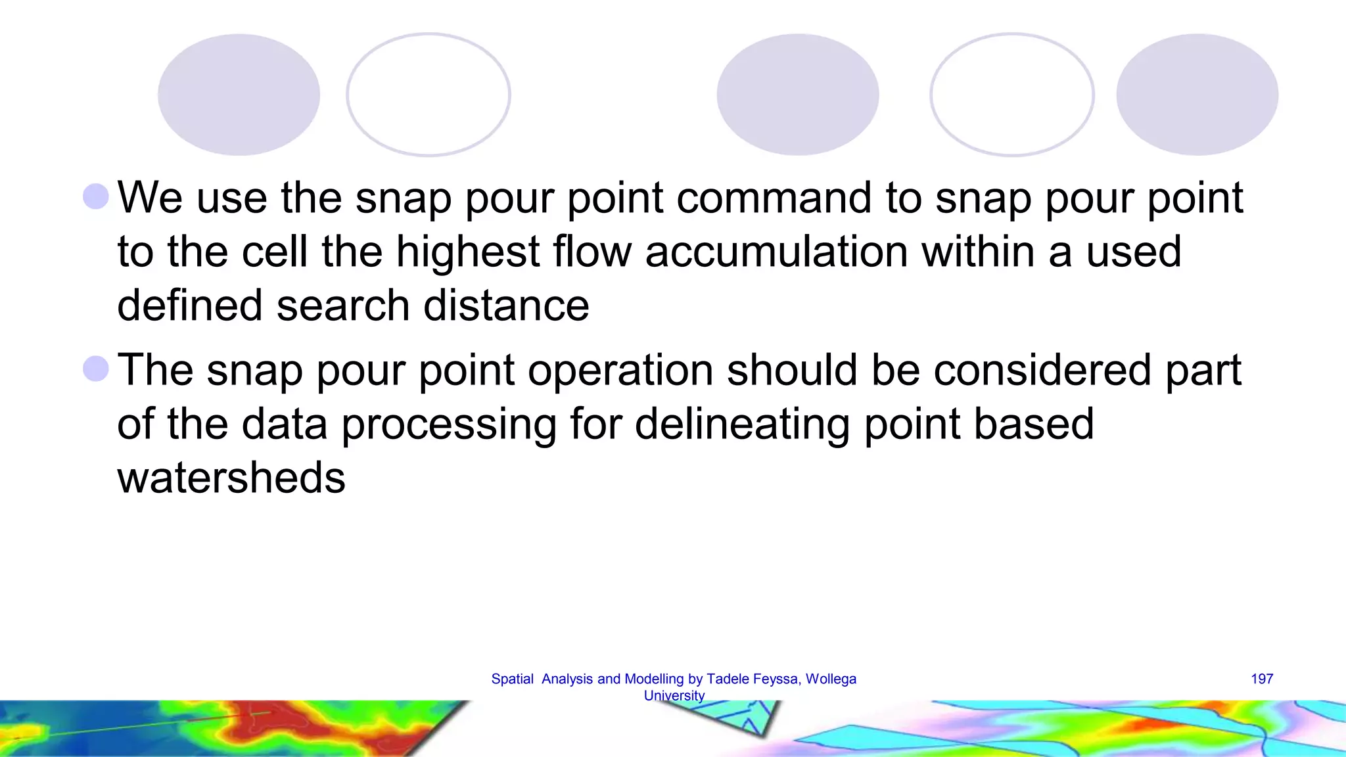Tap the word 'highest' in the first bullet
click(x=468, y=252)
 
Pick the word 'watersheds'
click(x=231, y=478)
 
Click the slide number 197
click(x=1261, y=679)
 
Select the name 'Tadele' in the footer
click(x=726, y=679)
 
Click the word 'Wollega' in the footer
click(x=831, y=679)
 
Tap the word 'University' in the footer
click(x=674, y=695)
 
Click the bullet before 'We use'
click(x=96, y=196)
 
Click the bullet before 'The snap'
click(x=96, y=369)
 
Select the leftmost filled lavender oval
click(x=239, y=95)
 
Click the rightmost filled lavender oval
click(x=1197, y=95)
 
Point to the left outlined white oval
click(x=428, y=95)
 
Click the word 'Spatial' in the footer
click(x=512, y=679)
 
